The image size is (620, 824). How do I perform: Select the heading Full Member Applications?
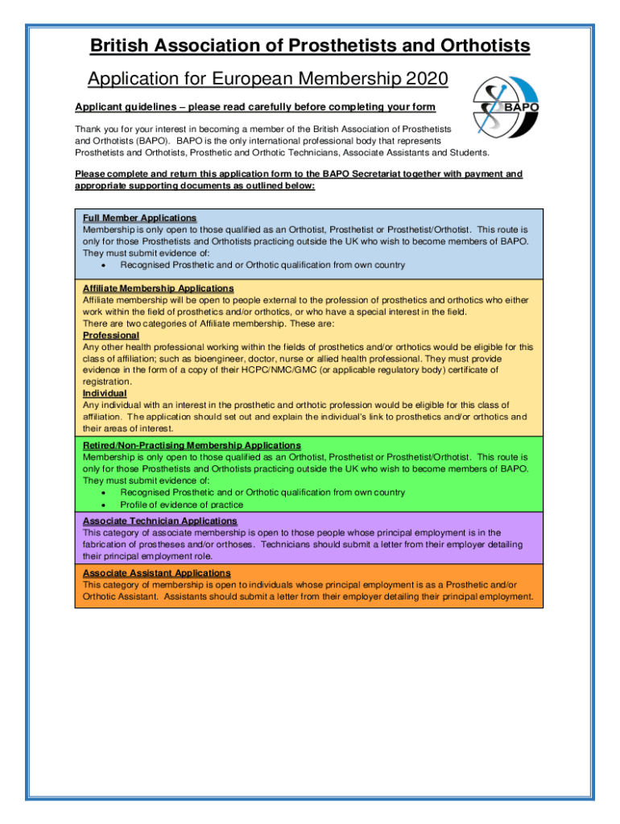[x=139, y=218]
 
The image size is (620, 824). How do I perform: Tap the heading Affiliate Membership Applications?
[x=158, y=288]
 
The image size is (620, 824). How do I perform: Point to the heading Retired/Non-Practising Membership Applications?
[x=192, y=445]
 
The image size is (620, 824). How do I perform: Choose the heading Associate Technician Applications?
[x=159, y=521]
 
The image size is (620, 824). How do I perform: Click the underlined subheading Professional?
[x=110, y=335]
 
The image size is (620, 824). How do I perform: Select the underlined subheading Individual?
[x=105, y=393]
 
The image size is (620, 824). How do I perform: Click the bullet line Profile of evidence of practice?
[x=182, y=505]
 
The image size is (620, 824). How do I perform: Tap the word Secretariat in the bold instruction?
[x=363, y=174]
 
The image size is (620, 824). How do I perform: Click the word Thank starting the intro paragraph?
[x=89, y=129]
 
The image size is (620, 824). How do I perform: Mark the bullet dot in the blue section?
[x=105, y=265]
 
